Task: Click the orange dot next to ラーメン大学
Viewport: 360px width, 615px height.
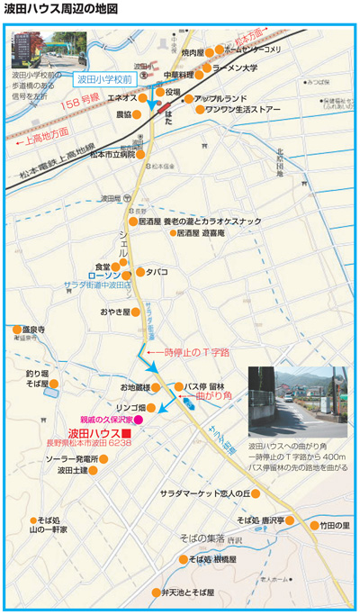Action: [x=209, y=68]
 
